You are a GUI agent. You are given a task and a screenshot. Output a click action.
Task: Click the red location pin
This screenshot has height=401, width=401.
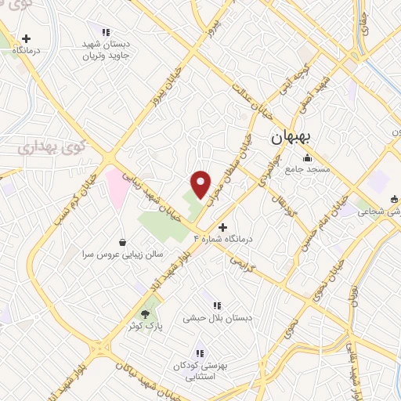[201, 184]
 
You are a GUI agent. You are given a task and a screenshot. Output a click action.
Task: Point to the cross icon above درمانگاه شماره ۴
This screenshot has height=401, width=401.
[222, 226]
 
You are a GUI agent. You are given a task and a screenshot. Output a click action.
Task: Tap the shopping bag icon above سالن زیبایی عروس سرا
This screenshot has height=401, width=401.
[123, 243]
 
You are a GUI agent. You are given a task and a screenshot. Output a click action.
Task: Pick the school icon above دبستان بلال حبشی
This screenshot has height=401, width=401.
[216, 305]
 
